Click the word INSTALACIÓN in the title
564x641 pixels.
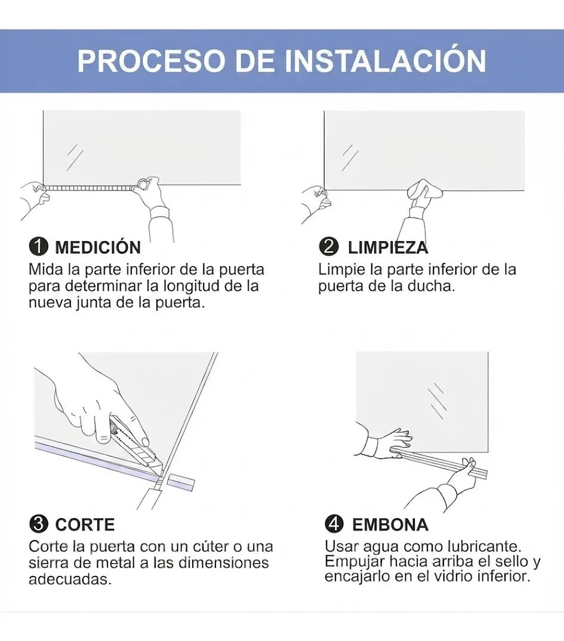pyautogui.click(x=386, y=60)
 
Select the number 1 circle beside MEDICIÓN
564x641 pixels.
pyautogui.click(x=38, y=247)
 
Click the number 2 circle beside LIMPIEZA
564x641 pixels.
pyautogui.click(x=329, y=247)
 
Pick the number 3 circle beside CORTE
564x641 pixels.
pyautogui.click(x=38, y=524)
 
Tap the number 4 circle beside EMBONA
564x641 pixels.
pyautogui.click(x=334, y=524)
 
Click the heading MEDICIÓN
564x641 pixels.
pyautogui.click(x=98, y=247)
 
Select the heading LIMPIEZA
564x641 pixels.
pyautogui.click(x=388, y=247)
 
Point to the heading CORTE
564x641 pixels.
pyautogui.click(x=85, y=525)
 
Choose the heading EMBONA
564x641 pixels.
pyautogui.click(x=390, y=525)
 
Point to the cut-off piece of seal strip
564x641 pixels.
pyautogui.click(x=180, y=482)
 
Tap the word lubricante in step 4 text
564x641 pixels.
pyautogui.click(x=484, y=546)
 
